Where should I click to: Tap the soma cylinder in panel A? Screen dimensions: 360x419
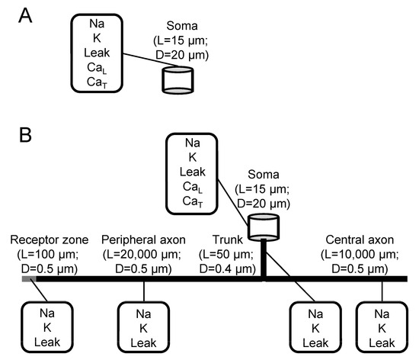point(178,79)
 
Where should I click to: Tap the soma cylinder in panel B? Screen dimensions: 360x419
point(263,227)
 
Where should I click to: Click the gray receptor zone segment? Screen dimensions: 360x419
point(27,279)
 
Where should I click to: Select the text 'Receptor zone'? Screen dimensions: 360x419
point(46,239)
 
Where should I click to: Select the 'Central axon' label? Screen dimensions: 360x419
point(354,239)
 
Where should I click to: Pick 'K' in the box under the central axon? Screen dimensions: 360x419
point(381,326)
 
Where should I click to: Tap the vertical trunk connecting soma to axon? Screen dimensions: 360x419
point(263,259)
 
